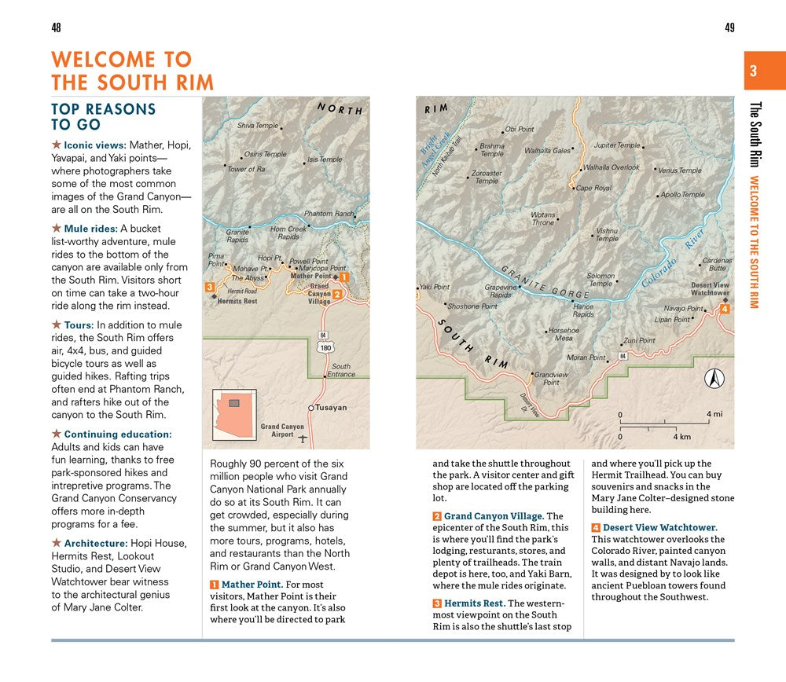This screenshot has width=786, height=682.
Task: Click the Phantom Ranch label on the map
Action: [x=329, y=214]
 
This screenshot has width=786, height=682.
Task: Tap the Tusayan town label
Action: [x=331, y=408]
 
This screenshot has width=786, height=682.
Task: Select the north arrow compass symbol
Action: [x=714, y=379]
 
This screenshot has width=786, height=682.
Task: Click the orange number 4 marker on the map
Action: [x=724, y=309]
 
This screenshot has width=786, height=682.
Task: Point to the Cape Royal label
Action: [x=593, y=189]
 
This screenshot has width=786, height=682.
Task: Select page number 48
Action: [x=56, y=28]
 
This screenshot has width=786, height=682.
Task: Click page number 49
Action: [x=729, y=28]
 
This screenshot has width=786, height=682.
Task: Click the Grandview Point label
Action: [x=551, y=379]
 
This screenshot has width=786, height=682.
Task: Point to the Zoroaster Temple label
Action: [x=487, y=177]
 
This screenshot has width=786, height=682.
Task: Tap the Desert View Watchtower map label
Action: [x=710, y=289]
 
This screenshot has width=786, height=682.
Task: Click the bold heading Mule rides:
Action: [x=90, y=229]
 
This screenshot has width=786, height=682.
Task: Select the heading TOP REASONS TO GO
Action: [x=104, y=116]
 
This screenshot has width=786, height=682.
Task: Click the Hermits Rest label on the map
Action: [x=237, y=301]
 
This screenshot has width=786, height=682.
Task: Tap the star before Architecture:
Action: [x=56, y=543]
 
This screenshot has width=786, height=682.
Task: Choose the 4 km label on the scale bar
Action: [x=681, y=436]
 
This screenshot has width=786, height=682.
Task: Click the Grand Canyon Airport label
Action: [x=281, y=431]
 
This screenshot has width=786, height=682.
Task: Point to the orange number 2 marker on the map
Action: [x=336, y=295]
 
